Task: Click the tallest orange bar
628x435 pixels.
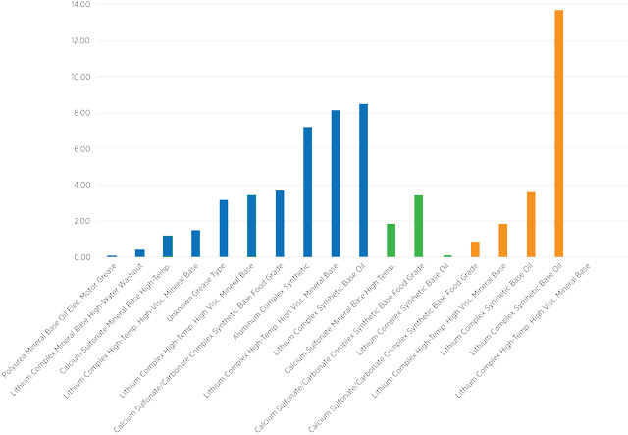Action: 559,134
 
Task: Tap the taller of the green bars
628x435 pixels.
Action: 419,227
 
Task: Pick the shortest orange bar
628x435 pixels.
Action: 475,249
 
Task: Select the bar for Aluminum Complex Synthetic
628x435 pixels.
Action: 307,192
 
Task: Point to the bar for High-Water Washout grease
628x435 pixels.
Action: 139,253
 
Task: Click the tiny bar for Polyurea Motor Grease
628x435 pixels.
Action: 112,255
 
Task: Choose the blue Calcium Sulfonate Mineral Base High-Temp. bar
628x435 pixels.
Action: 168,246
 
